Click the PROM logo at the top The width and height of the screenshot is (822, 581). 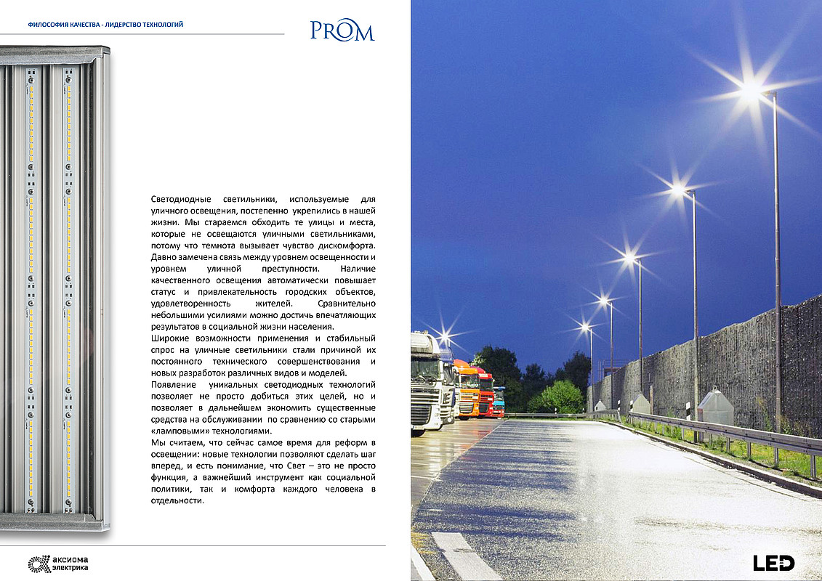click(342, 31)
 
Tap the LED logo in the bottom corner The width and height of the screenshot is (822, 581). click(773, 562)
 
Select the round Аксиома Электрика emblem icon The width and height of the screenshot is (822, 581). click(38, 563)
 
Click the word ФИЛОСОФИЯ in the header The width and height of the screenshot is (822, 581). click(47, 25)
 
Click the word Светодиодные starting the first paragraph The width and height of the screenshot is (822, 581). click(180, 199)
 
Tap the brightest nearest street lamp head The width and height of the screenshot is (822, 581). click(751, 92)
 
